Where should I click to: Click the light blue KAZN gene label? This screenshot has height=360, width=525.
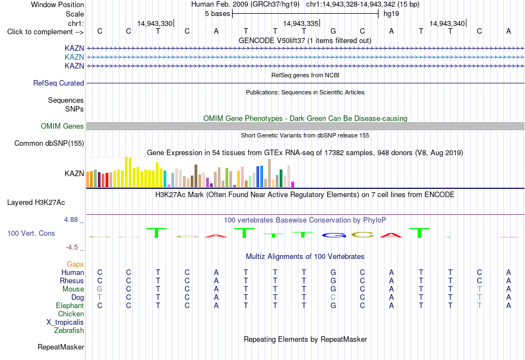[74, 57]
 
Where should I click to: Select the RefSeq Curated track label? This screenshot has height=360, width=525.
[59, 83]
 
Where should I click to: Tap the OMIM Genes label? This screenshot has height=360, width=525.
[62, 126]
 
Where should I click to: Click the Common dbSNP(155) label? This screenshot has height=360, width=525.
[49, 143]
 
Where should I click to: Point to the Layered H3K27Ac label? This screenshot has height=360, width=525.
[36, 203]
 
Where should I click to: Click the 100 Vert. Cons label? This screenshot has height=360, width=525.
[31, 233]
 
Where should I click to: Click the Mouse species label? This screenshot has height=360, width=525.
[73, 289]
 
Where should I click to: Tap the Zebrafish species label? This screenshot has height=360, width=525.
[69, 331]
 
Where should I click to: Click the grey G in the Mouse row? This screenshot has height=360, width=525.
[99, 289]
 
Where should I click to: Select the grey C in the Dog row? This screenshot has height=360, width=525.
[333, 298]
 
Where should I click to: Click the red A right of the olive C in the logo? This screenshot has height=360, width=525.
[391, 235]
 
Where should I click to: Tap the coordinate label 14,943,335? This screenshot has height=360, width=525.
[301, 23]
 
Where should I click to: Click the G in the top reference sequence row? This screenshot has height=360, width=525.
[333, 31]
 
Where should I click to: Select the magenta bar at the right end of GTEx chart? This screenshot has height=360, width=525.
[293, 184]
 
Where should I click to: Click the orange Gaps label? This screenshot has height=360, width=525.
[75, 264]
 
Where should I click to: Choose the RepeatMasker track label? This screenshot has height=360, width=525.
[61, 347]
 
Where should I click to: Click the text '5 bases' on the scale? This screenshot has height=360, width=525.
[218, 14]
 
